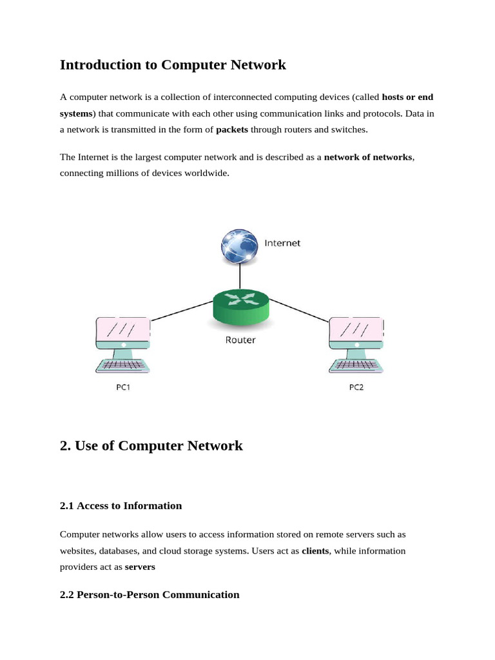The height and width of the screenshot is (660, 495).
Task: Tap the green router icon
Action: click(240, 306)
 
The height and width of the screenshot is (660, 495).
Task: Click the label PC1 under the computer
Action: click(122, 389)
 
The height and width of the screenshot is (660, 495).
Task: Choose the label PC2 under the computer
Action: click(356, 389)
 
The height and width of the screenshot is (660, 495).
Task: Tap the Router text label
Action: click(240, 340)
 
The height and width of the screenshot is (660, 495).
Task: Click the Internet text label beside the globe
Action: click(282, 244)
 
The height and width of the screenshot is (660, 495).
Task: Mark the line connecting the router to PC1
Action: click(182, 310)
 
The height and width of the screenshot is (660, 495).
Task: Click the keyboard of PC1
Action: click(122, 365)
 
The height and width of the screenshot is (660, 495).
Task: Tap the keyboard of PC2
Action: click(356, 365)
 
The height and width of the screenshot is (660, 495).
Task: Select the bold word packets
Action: click(232, 130)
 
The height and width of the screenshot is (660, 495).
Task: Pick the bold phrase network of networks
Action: click(368, 157)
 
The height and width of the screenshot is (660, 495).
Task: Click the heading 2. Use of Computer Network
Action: click(151, 445)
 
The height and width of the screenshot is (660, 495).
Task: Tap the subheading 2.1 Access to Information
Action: click(121, 506)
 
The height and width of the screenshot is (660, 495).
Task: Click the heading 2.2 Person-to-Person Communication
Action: click(150, 595)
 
